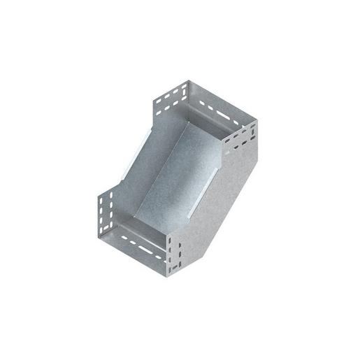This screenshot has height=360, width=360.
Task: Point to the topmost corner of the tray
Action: tap(184, 82)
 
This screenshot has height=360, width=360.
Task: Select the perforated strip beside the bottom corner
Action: tap(175, 255)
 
